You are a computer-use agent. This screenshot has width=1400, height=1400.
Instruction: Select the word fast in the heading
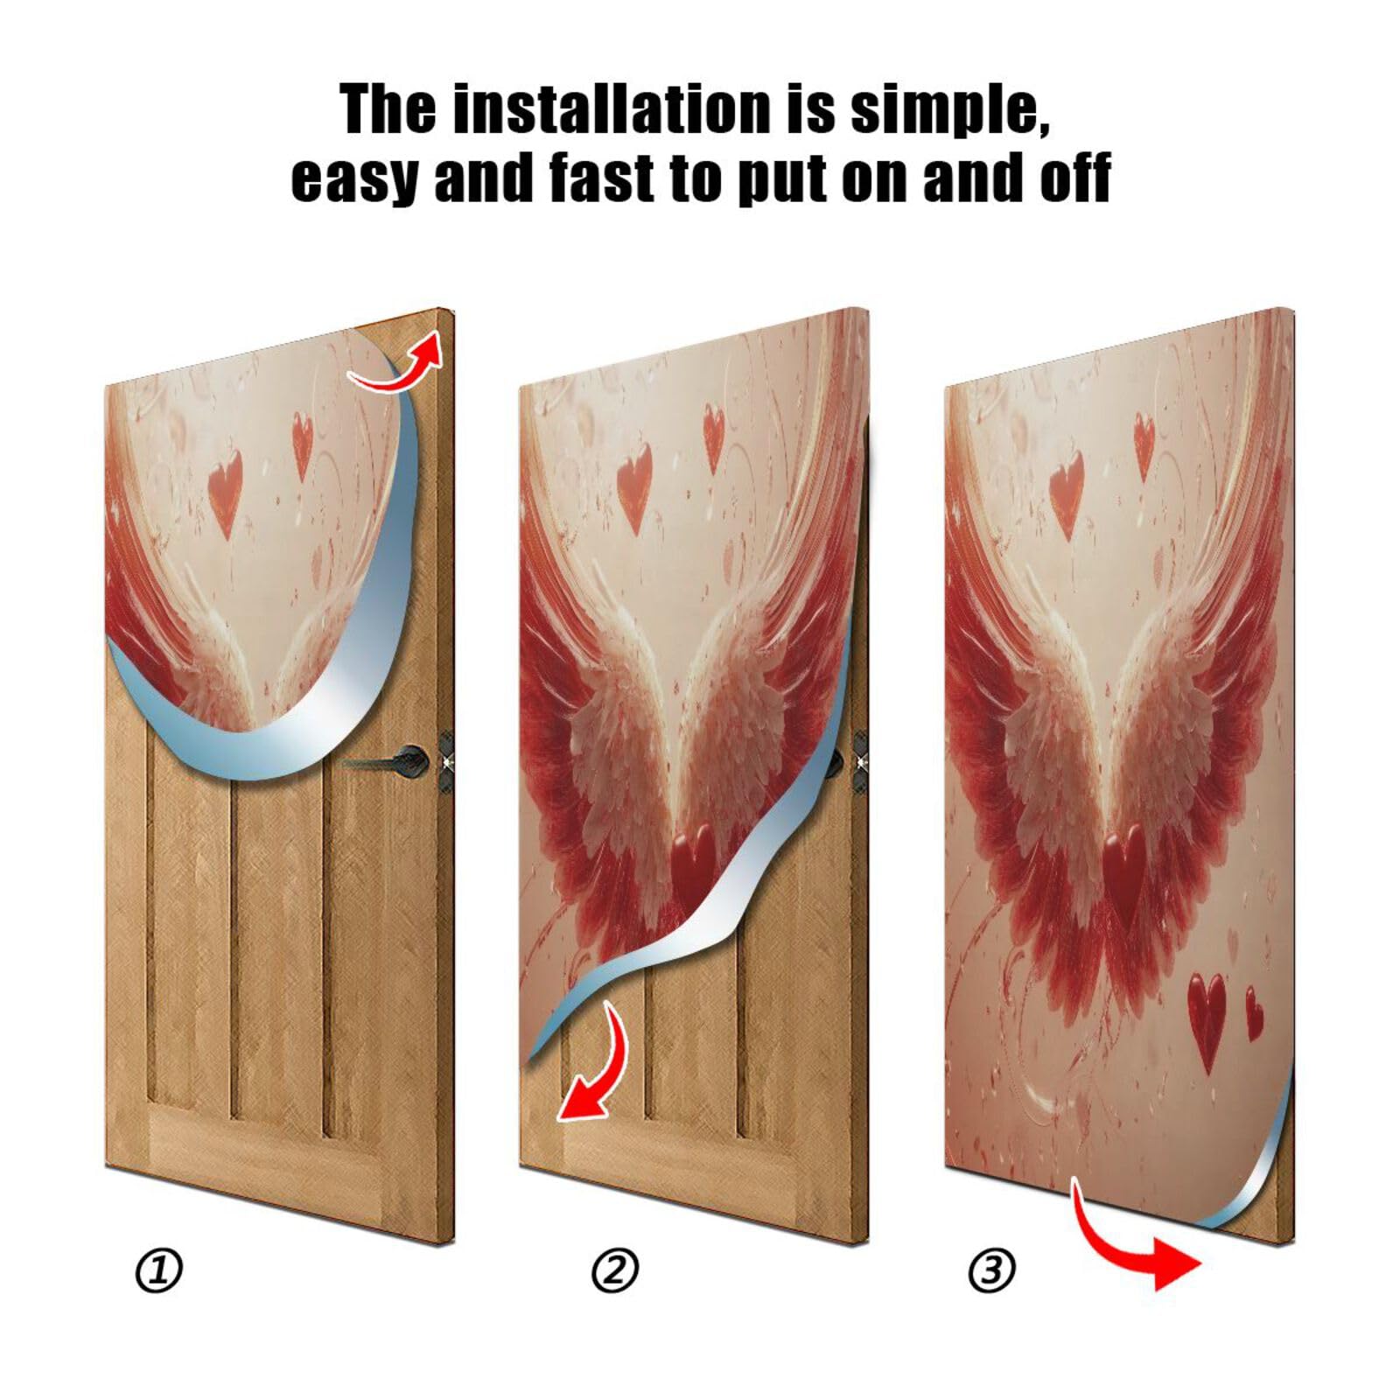coord(604,178)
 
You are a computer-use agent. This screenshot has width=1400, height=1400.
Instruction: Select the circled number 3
coord(991,1270)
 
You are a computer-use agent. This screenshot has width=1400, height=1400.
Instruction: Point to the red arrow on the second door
coord(595,1067)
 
